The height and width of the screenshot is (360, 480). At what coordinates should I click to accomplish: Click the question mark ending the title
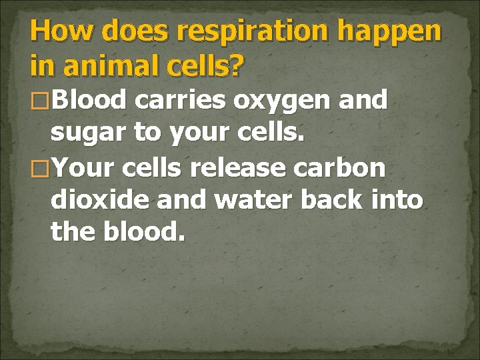click(x=238, y=65)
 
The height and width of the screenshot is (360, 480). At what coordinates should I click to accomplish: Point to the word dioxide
click(x=99, y=200)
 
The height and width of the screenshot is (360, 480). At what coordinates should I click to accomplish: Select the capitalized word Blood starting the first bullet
click(x=88, y=101)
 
